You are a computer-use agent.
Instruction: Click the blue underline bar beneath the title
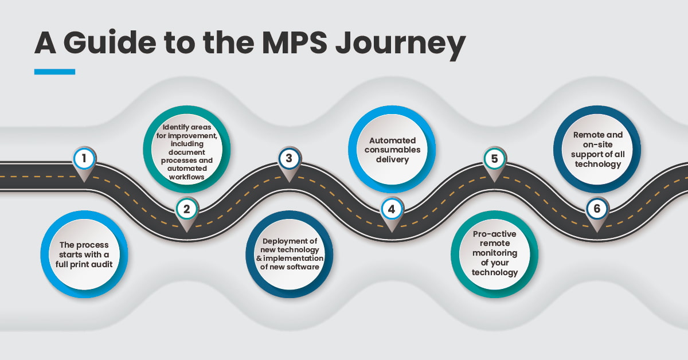pos(54,72)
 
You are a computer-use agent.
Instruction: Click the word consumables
pos(391,150)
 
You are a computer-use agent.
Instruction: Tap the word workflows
pos(186,177)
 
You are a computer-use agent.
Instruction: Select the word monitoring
pos(494,253)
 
